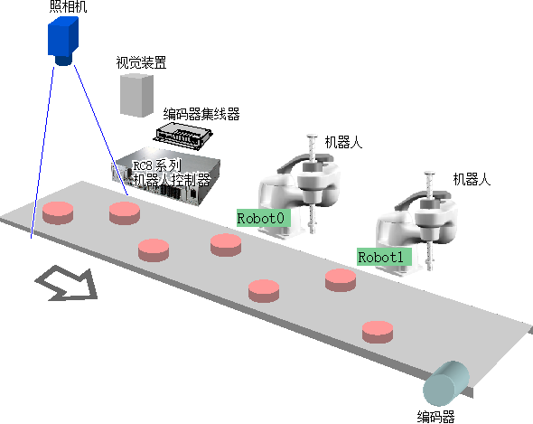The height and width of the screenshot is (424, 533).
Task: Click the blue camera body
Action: tap(63, 37)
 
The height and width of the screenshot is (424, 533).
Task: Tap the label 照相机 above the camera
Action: tap(69, 7)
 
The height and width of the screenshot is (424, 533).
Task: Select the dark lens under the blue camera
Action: tap(63, 61)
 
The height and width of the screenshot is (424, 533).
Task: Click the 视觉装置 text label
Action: tap(141, 63)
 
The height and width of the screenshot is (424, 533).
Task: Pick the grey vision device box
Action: tap(136, 95)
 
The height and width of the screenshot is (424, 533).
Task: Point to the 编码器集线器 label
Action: tap(201, 114)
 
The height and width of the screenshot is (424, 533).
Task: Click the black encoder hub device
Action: tap(183, 136)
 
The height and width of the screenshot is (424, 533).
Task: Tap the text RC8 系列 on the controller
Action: tap(156, 165)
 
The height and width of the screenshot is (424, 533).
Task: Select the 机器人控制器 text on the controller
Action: tap(172, 180)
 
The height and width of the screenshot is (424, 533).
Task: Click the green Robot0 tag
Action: tap(264, 218)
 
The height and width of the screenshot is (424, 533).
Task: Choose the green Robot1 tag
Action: tap(385, 257)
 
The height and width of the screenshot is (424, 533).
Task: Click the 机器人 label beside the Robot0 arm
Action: tap(343, 142)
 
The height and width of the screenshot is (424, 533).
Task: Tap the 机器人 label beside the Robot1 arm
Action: tap(472, 179)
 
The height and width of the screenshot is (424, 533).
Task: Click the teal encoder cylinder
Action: tap(446, 383)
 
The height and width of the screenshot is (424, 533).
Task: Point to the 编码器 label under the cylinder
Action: tap(436, 417)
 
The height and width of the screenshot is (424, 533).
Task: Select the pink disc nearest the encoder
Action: tap(378, 332)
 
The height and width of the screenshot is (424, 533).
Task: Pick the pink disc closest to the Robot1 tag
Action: tap(341, 280)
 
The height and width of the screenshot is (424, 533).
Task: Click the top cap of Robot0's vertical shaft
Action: tap(312, 137)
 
